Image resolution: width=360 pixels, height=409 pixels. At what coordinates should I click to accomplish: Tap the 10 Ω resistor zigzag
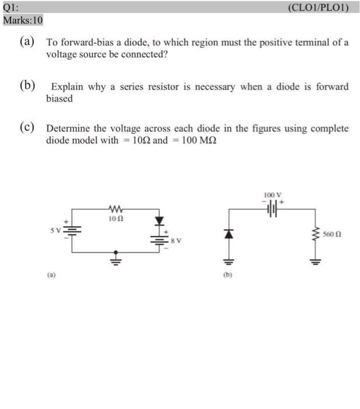pyautogui.click(x=115, y=209)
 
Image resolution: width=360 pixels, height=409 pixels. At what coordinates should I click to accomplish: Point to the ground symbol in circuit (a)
pyautogui.click(x=115, y=255)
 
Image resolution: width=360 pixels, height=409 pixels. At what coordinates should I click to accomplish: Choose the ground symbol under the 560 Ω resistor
pyautogui.click(x=317, y=260)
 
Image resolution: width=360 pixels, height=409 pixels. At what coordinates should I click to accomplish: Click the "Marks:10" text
pyautogui.click(x=23, y=19)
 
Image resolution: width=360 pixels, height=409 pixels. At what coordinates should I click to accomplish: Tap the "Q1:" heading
pyautogui.click(x=12, y=8)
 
